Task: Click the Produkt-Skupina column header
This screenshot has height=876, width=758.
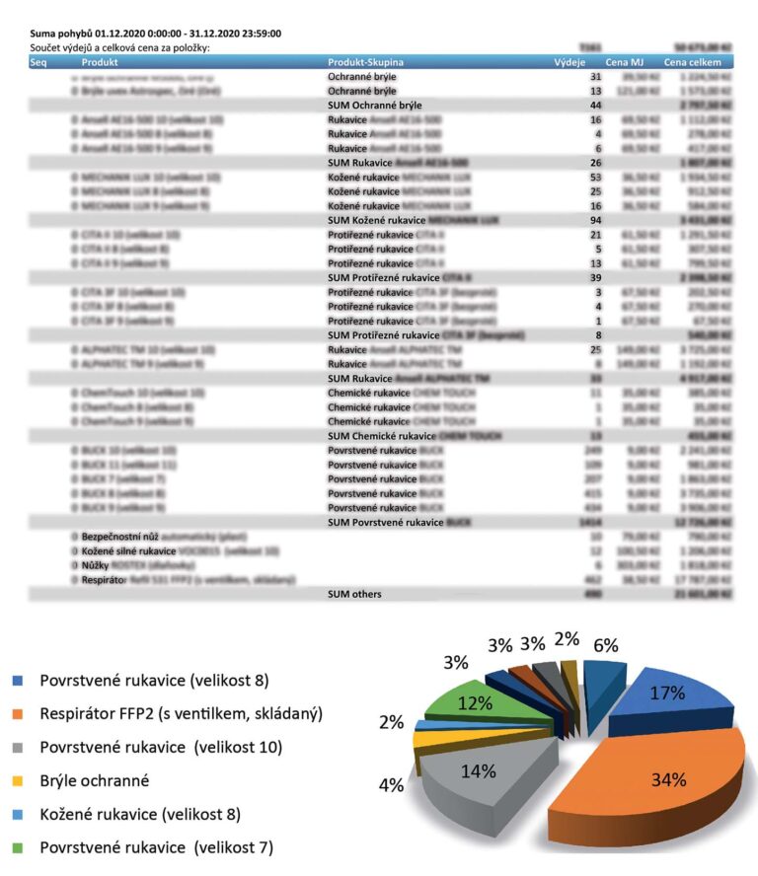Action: (365, 62)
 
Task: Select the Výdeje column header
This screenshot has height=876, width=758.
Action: (570, 62)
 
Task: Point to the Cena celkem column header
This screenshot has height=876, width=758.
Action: (692, 62)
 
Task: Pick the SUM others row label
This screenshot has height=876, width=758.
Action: (354, 594)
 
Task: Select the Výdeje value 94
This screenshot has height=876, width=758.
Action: (595, 220)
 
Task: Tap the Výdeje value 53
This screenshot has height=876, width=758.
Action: (595, 177)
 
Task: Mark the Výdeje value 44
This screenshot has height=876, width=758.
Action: (595, 105)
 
